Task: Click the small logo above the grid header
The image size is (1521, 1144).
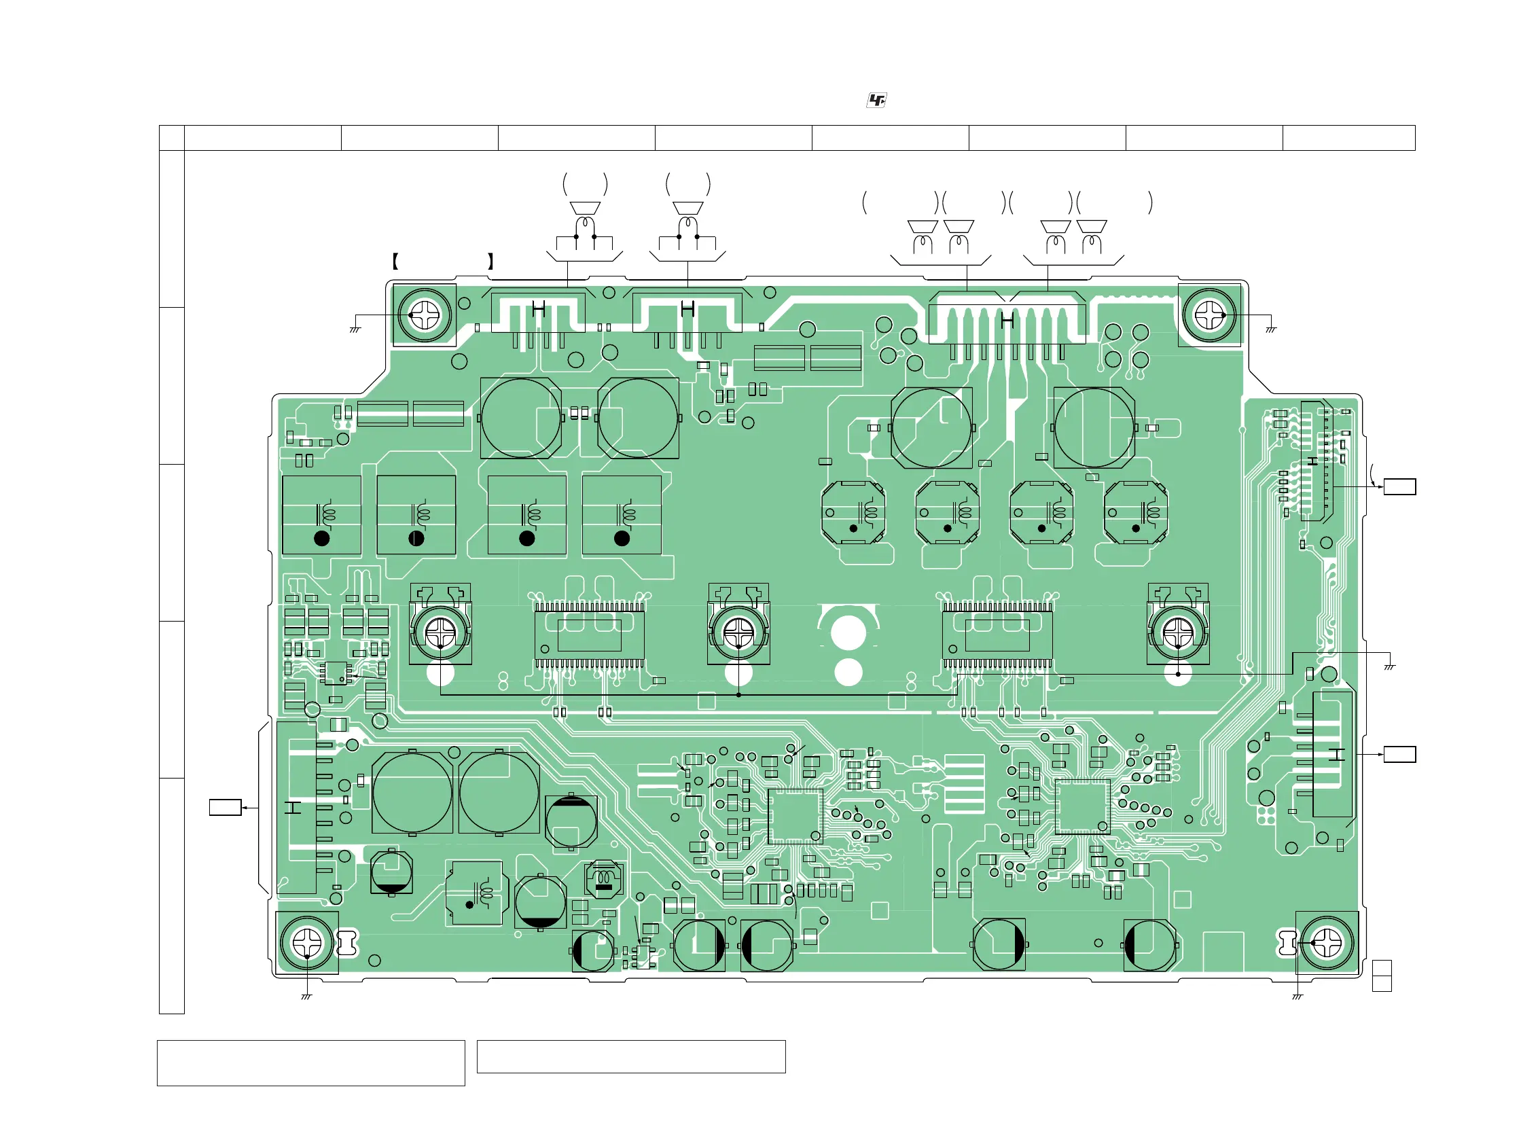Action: [876, 101]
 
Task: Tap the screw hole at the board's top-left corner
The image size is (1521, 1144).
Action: [425, 315]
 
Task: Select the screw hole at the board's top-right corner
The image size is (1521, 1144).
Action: [1209, 315]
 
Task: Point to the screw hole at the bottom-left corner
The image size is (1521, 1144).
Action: [306, 942]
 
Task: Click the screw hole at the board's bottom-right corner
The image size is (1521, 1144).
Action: [1327, 942]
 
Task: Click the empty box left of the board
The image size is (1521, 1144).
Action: [225, 807]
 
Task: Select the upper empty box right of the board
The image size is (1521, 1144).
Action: [1399, 487]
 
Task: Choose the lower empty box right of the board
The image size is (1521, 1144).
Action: [1399, 754]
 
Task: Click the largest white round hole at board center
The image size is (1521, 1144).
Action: [848, 632]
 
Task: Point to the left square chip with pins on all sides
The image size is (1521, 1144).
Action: [795, 816]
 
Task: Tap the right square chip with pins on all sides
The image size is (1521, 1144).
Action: [1082, 806]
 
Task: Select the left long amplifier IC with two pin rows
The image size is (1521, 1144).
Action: [589, 634]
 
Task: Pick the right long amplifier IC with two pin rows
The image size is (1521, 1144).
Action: [997, 634]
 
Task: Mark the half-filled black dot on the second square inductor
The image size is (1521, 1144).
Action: [416, 538]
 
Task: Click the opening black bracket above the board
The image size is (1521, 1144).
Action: [395, 262]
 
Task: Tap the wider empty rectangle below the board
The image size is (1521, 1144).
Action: [311, 1063]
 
